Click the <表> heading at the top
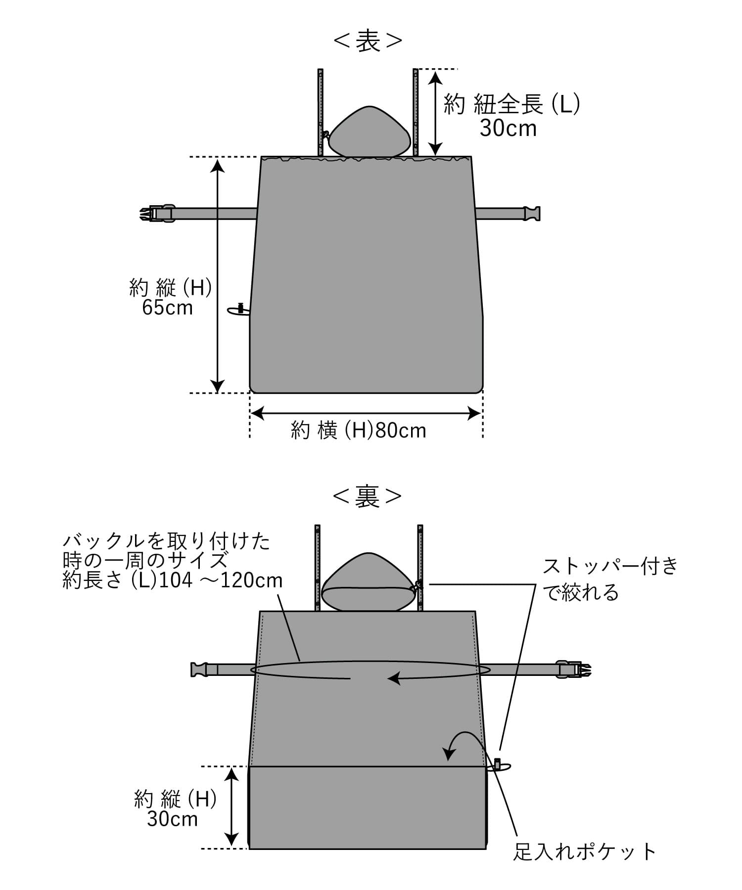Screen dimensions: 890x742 coord(368,42)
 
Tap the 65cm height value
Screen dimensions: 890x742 coord(167,308)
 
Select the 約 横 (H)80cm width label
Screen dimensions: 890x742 coord(359,431)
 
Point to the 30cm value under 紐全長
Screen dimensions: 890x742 coord(508,129)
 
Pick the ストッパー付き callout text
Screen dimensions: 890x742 coord(611,567)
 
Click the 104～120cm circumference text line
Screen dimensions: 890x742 coord(173,580)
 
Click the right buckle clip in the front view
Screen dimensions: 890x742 coord(532,213)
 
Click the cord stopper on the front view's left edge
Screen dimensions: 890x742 coord(240,310)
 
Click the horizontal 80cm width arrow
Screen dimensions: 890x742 coord(366,413)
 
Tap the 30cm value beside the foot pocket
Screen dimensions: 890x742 coord(172,819)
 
